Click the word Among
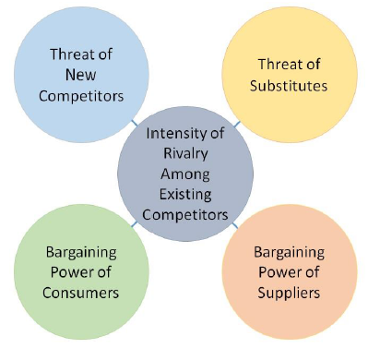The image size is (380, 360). [187, 173]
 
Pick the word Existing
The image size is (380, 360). [187, 194]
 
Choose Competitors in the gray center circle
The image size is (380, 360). [187, 215]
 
